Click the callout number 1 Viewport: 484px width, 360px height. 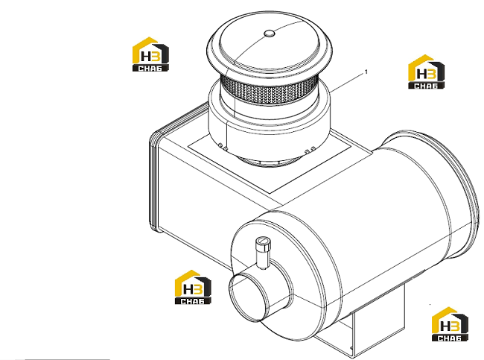point(366,72)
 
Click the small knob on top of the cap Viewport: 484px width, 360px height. point(269,33)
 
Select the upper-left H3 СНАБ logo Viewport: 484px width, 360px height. point(150,54)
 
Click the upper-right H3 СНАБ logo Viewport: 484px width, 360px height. point(426,72)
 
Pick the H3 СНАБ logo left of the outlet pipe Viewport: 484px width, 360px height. point(193,287)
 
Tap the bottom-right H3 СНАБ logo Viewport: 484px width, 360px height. point(450,324)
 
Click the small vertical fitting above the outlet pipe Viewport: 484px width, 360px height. point(262,253)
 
